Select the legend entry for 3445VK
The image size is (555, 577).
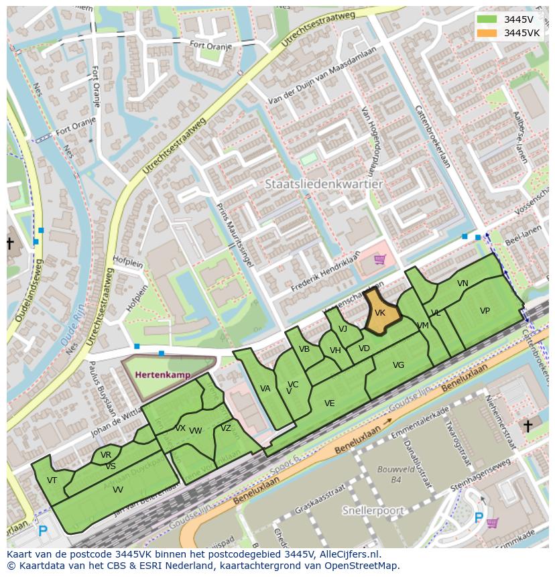tap(521, 33)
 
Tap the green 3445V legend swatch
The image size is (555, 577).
tap(487, 19)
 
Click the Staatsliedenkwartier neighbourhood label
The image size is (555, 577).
tap(324, 184)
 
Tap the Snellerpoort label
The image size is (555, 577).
tap(373, 511)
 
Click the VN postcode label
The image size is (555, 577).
tap(462, 283)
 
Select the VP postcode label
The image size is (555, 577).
tap(485, 311)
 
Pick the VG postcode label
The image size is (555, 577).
tap(398, 365)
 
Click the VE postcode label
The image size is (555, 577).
tap(329, 403)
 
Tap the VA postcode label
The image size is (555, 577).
tap(265, 389)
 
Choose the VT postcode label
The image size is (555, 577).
tap(52, 480)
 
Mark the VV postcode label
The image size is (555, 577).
tap(117, 490)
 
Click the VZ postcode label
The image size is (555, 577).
tap(226, 429)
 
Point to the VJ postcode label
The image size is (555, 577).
tap(343, 328)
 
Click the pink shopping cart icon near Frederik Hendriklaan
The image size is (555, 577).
tap(379, 259)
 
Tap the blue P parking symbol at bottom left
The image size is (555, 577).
tap(42, 531)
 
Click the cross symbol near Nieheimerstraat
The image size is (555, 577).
tap(528, 426)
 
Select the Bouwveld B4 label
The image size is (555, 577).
tap(388, 474)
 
